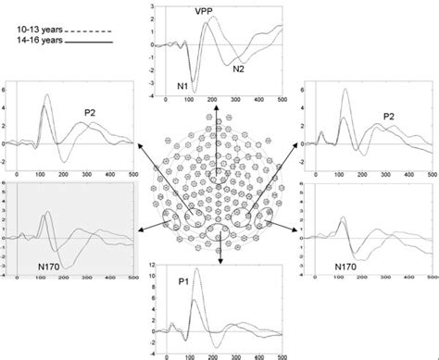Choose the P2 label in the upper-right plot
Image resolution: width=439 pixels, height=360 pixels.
click(392, 117)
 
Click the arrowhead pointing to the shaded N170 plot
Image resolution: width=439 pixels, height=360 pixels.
click(137, 219)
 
